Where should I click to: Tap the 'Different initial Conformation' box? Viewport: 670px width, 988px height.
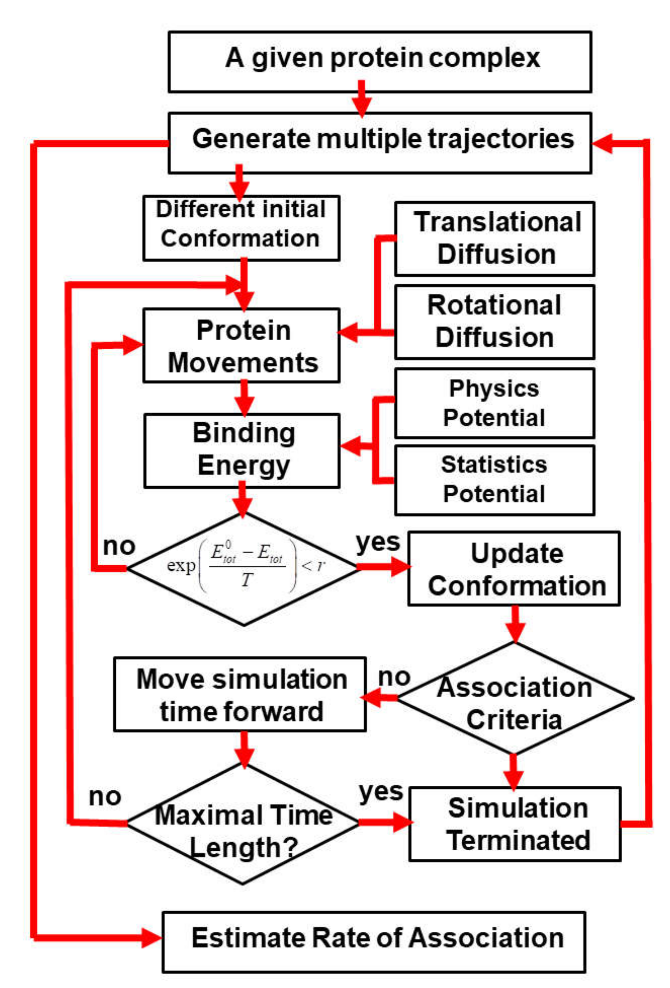click(x=241, y=228)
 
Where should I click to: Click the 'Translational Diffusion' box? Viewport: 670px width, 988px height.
click(x=494, y=238)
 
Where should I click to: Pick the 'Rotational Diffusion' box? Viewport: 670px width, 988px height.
click(x=494, y=322)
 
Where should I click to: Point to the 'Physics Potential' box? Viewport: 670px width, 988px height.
click(x=494, y=403)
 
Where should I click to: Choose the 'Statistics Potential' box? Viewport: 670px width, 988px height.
click(x=494, y=480)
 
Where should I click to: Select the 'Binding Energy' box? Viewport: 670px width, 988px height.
click(x=242, y=450)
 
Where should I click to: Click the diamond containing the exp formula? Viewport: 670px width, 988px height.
click(x=243, y=569)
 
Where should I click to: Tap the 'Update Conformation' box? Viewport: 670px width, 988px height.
click(x=514, y=568)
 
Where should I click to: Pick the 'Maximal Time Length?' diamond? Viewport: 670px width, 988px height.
click(x=243, y=823)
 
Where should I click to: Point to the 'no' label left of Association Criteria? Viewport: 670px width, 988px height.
click(x=393, y=676)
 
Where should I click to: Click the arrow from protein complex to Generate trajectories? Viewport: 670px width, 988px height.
click(x=361, y=100)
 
